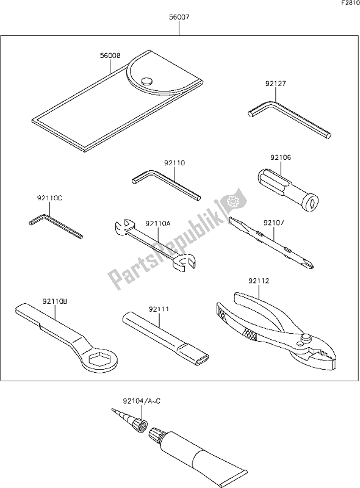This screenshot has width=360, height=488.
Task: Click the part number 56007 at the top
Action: [179, 18]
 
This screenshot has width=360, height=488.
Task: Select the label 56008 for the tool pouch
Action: [110, 56]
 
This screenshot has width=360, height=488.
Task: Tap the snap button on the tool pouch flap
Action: [146, 81]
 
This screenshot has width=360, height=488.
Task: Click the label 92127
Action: [276, 84]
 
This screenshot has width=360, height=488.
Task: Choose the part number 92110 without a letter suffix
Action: [175, 163]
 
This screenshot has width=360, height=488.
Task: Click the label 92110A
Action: [158, 223]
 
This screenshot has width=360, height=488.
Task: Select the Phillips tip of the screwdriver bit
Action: [308, 264]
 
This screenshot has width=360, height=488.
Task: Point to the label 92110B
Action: [55, 301]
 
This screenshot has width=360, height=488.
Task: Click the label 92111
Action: [159, 309]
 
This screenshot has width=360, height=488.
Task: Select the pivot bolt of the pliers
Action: [306, 337]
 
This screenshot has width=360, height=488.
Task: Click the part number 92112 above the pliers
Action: [259, 281]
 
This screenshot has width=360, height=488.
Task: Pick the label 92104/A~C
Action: [142, 401]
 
